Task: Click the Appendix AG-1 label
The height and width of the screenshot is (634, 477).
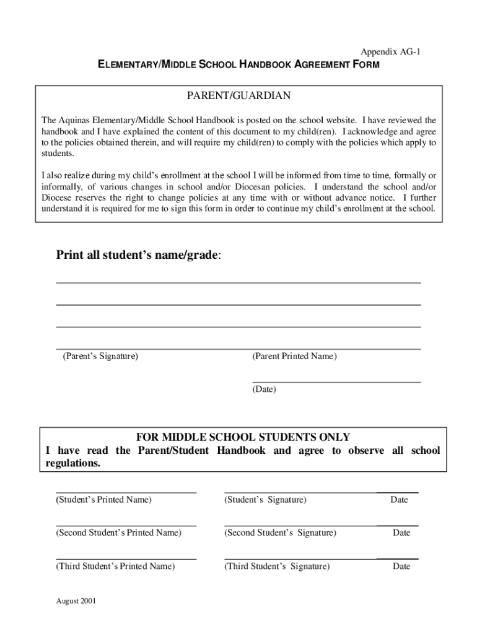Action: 390,52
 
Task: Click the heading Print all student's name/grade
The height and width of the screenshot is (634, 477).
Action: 138,255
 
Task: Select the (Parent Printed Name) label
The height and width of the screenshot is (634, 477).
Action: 294,357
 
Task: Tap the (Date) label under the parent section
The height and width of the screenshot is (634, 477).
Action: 264,389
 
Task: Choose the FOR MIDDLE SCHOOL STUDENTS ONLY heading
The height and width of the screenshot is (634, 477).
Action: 239,437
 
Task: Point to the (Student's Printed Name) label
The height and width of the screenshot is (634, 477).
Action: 103,500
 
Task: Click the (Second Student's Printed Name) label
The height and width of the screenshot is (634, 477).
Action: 118,532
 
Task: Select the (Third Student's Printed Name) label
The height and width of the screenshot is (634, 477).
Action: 115,566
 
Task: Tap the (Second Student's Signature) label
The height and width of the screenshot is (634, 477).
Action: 280,532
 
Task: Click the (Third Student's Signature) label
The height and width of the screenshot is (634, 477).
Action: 277,566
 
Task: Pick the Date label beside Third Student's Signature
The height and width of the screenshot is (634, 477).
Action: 401,566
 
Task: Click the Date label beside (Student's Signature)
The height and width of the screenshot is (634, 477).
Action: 399,500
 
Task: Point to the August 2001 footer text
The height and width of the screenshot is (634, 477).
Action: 76,601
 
